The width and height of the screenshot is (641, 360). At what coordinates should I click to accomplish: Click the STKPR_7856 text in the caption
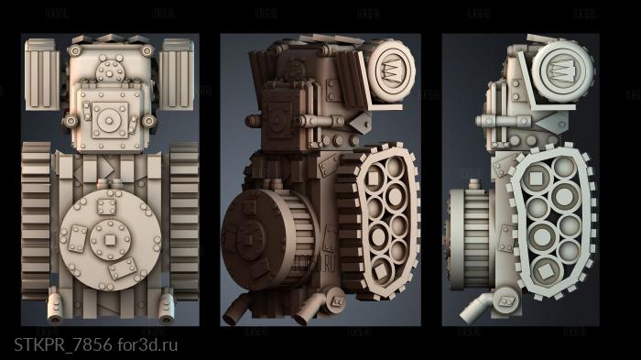click(62, 344)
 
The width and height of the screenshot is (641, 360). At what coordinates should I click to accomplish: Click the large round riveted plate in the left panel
click(110, 241)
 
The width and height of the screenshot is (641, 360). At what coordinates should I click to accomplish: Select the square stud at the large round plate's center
click(110, 241)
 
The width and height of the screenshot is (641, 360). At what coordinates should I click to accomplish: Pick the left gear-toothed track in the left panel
click(36, 221)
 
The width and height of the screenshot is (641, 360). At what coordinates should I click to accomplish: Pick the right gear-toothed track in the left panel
click(183, 221)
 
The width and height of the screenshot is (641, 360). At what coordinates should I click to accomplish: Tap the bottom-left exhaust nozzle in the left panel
click(54, 307)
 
